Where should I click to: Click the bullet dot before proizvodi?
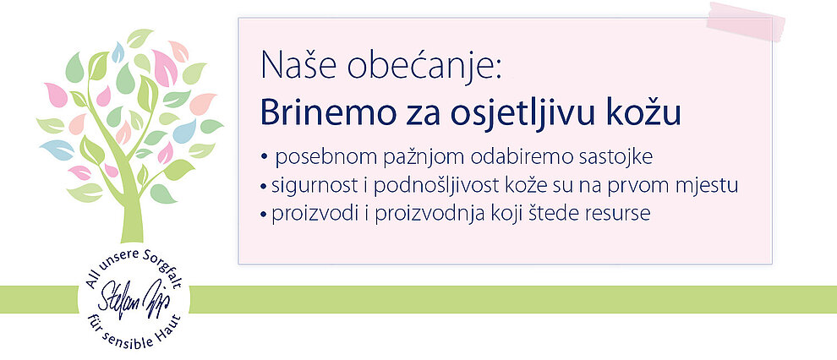point(265,215)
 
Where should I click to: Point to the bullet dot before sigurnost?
point(265,188)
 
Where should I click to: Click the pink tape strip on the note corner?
point(746,21)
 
